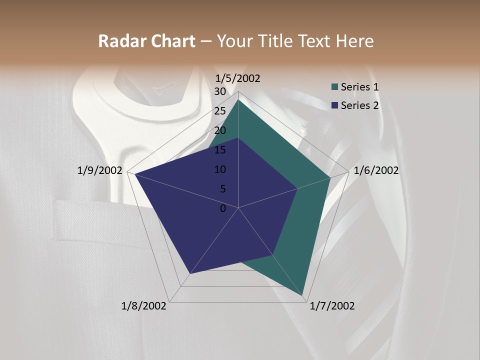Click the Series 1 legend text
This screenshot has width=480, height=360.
(360, 87)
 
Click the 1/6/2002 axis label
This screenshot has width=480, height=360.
(376, 170)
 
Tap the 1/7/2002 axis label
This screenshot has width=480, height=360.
(332, 306)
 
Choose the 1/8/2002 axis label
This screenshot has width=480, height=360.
(144, 306)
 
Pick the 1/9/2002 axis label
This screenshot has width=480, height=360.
(100, 170)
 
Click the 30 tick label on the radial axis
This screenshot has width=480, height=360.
(220, 91)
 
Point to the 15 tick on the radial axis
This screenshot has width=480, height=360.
(220, 150)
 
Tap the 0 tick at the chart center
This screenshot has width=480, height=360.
(223, 208)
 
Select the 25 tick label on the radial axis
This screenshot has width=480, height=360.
(220, 111)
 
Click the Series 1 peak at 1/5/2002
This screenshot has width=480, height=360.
(238, 100)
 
